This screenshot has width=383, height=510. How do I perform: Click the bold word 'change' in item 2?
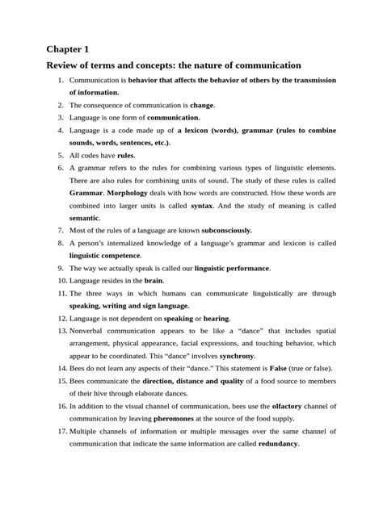coord(202,105)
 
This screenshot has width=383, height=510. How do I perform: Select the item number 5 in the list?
coord(61,154)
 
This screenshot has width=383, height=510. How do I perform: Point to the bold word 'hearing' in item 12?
coord(217,319)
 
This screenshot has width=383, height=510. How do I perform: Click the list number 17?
coord(61,431)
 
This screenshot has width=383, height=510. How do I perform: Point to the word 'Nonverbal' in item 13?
coord(88,331)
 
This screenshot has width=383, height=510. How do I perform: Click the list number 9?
coord(61,267)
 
